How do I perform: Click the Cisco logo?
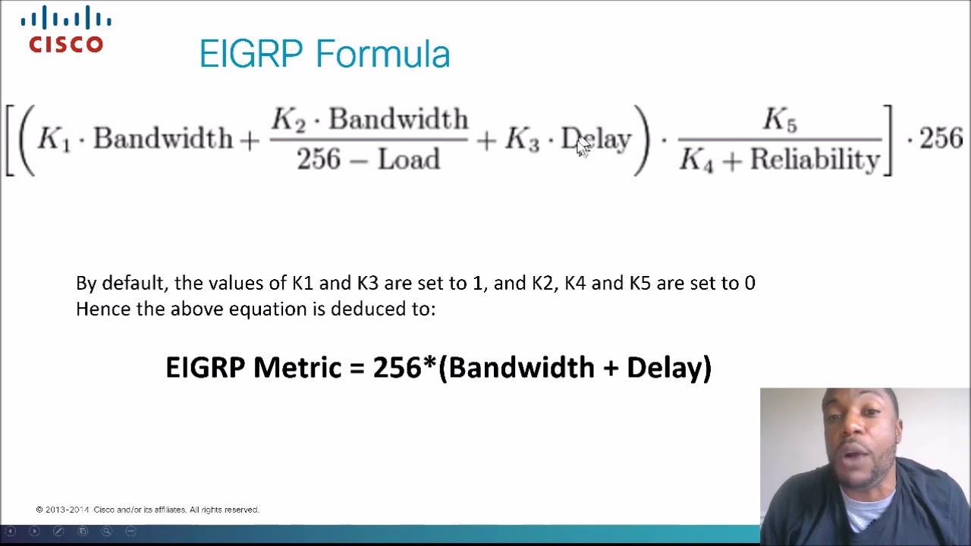click(66, 30)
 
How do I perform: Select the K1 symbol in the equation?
click(53, 140)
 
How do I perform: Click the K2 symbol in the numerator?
click(288, 120)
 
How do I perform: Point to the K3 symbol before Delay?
click(522, 140)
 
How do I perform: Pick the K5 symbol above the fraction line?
click(779, 120)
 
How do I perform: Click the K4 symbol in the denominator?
click(696, 160)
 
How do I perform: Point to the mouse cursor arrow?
click(582, 146)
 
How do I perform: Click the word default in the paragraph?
click(134, 283)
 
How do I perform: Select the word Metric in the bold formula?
click(297, 367)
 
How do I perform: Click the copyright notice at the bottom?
click(148, 510)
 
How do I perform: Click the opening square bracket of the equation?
click(10, 140)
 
